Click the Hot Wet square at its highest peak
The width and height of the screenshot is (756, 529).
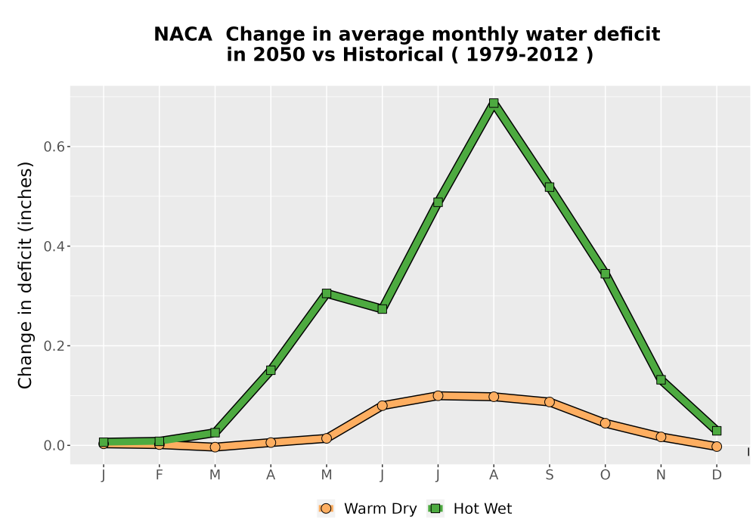[x=493, y=103]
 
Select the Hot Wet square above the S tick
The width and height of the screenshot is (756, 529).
[x=549, y=187]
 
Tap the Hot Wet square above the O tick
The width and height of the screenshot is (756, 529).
[x=605, y=274]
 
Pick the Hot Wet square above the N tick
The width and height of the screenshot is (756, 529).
[x=661, y=379]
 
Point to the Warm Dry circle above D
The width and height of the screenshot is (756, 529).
[x=717, y=447]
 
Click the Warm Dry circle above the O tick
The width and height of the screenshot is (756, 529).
[x=605, y=423]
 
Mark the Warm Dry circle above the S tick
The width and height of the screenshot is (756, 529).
[x=549, y=402]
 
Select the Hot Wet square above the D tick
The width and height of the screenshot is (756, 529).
[x=717, y=431]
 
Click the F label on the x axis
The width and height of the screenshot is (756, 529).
[x=159, y=475]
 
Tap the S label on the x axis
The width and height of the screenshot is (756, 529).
[x=549, y=475]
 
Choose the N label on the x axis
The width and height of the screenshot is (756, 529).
[x=661, y=475]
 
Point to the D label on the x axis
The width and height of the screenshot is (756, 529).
[x=717, y=475]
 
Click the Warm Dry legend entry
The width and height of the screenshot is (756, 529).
[x=367, y=509]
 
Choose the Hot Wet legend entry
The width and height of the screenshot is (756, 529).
[x=469, y=509]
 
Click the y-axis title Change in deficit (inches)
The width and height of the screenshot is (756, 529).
[x=25, y=275]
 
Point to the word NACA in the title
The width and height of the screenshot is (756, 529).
[x=183, y=35]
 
